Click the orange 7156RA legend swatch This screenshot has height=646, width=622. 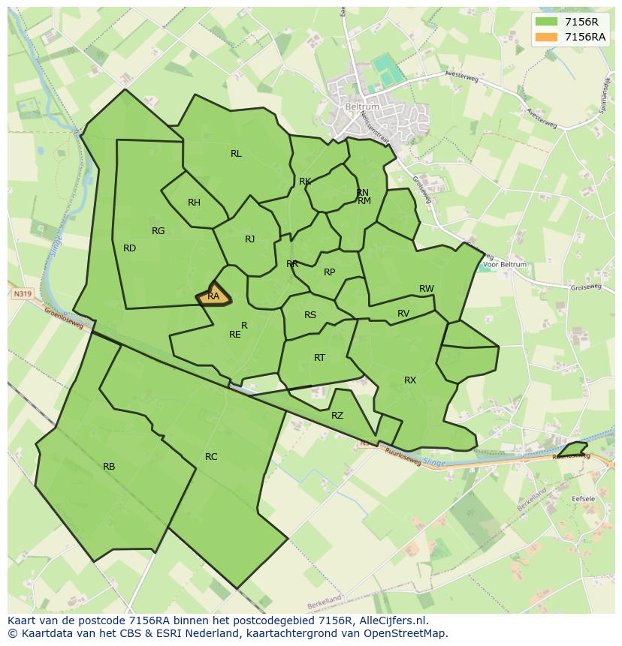coord(547,37)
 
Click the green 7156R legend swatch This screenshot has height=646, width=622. coord(547,22)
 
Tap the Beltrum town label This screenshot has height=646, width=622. coord(362,107)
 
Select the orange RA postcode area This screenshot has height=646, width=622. coord(214,295)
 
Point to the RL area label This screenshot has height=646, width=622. coord(236,154)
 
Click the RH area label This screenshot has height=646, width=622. coord(194,203)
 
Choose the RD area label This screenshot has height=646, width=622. coord(129,248)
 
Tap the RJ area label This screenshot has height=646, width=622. coord(249,240)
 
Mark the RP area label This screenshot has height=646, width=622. coord(329,272)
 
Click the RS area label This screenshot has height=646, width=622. coord(310,315)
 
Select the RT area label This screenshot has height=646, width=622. coord(319,358)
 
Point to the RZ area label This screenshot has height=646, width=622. coord(337,416)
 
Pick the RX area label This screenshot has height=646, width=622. coord(410,380)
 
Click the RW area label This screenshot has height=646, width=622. coord(427,289)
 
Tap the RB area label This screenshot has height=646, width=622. coord(109,467)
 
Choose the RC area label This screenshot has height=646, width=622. coord(211,457)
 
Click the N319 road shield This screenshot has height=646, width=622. coord(23,295)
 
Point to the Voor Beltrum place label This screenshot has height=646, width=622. coord(506,265)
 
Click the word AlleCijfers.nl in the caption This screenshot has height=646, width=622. coord(393,620)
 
